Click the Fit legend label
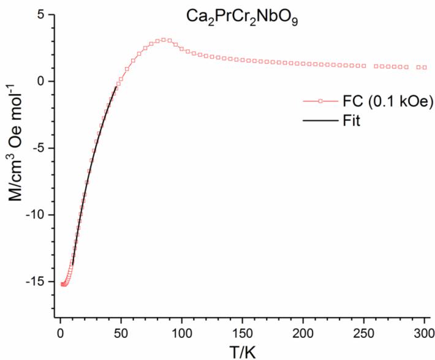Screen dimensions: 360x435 351,121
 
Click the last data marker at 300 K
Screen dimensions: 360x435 425,67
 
